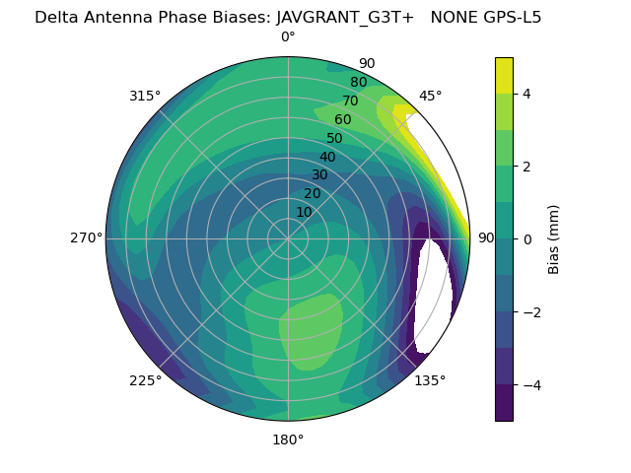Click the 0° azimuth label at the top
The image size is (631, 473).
(288, 37)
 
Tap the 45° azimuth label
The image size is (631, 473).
(431, 96)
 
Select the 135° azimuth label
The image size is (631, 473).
(430, 380)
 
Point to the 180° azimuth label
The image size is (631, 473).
(288, 439)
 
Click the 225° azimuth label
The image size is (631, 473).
(145, 380)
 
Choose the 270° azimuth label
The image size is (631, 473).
(86, 237)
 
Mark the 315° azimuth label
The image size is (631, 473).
(145, 96)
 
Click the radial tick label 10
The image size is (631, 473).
(304, 212)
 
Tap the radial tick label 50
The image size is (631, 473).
(334, 138)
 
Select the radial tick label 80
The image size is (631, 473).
(358, 83)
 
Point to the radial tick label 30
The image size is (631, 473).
(319, 175)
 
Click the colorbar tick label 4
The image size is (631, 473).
(527, 94)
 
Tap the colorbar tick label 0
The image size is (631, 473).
(527, 239)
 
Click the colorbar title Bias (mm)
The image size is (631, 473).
(554, 238)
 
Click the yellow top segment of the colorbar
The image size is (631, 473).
(504, 75)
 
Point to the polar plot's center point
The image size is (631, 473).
(288, 238)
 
